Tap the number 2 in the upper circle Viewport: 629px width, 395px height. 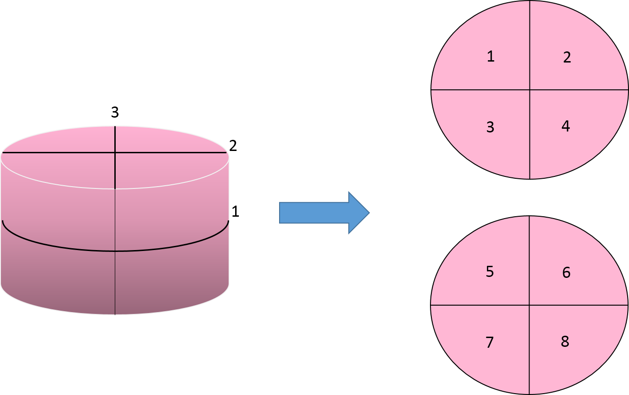(567, 57)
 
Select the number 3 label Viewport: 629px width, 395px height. (491, 127)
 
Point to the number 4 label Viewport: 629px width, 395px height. (566, 126)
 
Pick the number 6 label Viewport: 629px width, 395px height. (567, 272)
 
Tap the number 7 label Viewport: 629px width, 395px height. (490, 343)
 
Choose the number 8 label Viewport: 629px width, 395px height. (565, 342)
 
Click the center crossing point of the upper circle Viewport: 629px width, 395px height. (530, 89)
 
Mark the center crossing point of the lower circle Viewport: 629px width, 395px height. (529, 305)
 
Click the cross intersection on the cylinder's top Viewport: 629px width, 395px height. (115, 152)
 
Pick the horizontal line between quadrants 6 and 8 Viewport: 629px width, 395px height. (579, 305)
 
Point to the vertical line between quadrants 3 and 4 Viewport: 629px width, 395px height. (530, 134)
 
